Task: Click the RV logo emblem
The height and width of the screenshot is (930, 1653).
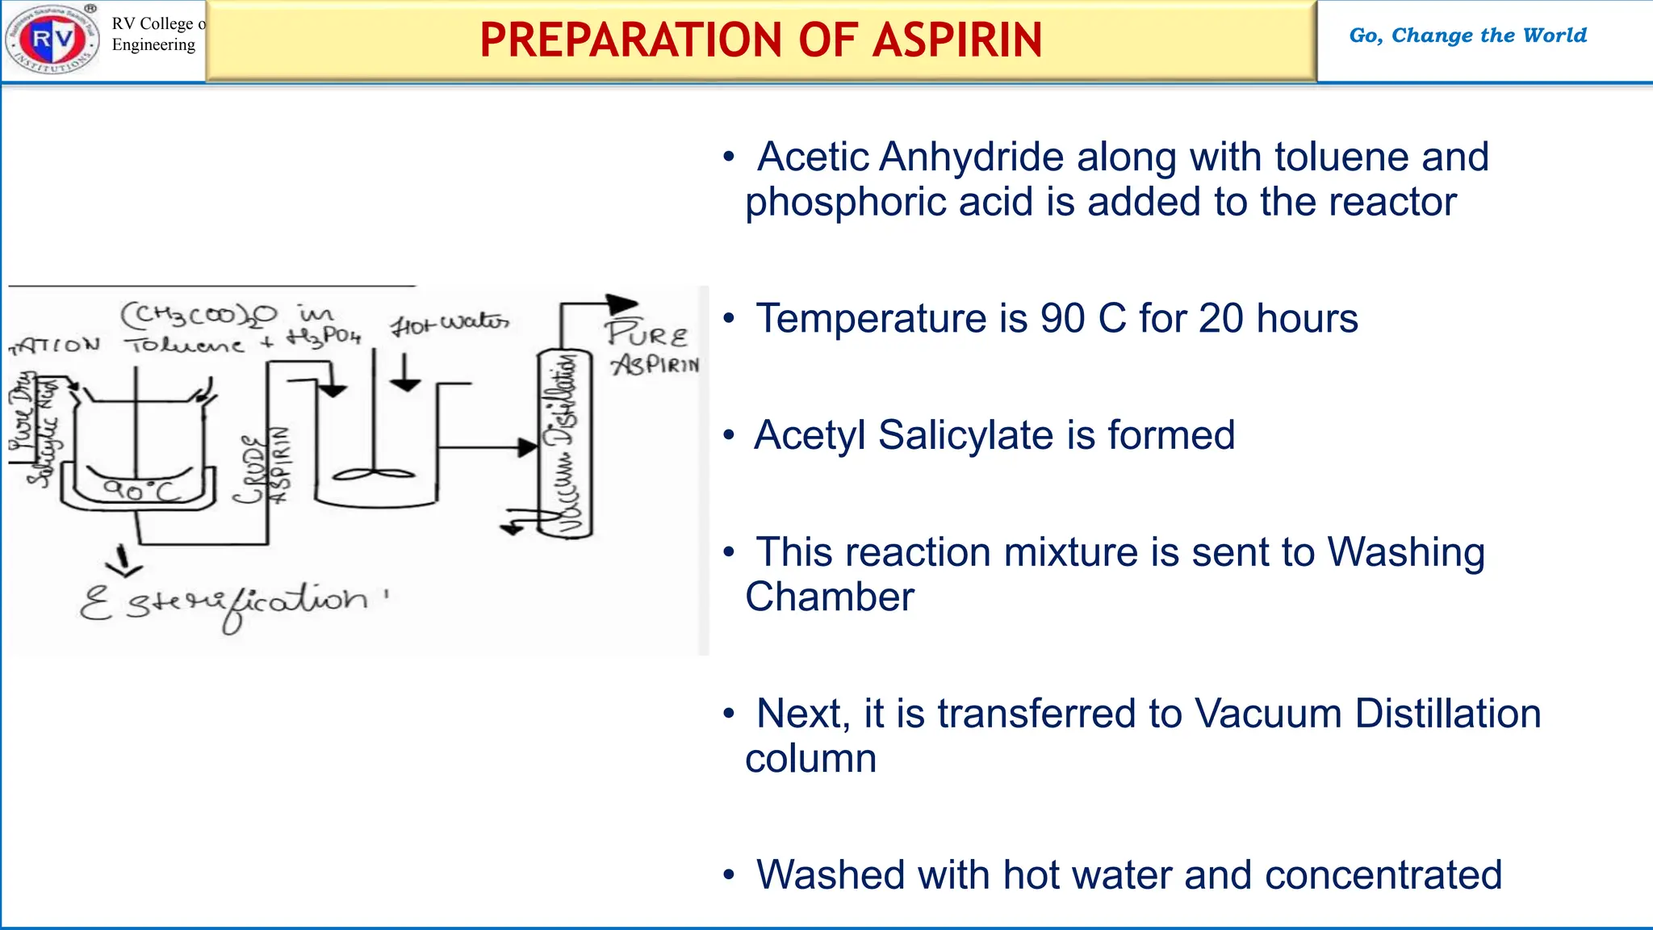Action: (x=52, y=38)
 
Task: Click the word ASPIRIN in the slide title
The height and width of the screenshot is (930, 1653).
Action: (x=957, y=40)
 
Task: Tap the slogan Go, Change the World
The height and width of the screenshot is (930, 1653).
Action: (x=1467, y=36)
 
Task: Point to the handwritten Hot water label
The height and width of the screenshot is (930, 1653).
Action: (x=450, y=324)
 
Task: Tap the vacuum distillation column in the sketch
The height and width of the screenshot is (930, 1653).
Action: (x=566, y=444)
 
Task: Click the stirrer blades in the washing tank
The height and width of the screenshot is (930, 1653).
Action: (x=373, y=475)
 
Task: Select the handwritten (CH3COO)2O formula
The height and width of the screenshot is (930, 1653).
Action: (x=199, y=314)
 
